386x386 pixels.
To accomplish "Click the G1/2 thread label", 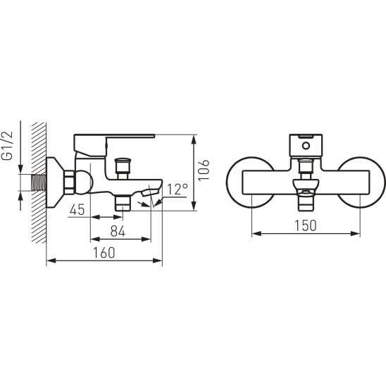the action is (x=9, y=146).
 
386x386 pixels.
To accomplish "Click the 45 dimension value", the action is (x=77, y=210).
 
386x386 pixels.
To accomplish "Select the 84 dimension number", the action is (x=118, y=232).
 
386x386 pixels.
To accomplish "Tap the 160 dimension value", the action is (x=104, y=253).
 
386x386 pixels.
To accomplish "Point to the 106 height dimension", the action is (x=204, y=170).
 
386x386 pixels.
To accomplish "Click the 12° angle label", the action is (x=177, y=189).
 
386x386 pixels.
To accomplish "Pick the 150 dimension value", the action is (x=305, y=225).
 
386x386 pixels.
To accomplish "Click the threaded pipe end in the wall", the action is (x=39, y=182).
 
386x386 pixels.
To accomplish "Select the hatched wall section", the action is (x=39, y=182).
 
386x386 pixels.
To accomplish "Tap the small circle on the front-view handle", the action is (x=306, y=146).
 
